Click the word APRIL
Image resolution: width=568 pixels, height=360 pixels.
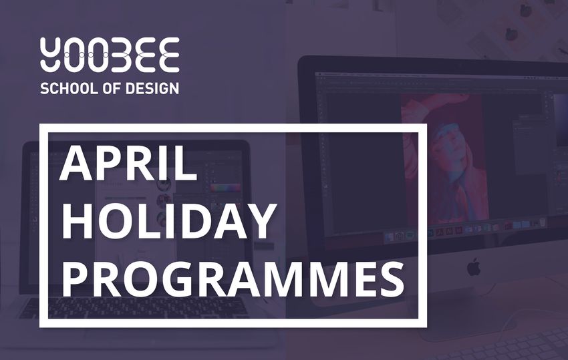[x=128, y=164]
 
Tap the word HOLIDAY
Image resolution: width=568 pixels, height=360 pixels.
[x=167, y=221]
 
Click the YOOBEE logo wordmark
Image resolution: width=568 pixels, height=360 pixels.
[x=110, y=54]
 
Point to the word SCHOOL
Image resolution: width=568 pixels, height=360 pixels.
[x=69, y=88]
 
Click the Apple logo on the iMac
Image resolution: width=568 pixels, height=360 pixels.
[x=474, y=267]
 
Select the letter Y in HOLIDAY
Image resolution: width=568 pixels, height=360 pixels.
[x=257, y=221]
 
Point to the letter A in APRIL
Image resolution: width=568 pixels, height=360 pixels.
[x=76, y=164]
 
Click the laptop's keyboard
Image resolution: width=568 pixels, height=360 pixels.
[x=134, y=308]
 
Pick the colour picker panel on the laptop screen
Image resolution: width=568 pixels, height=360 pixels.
[x=225, y=189]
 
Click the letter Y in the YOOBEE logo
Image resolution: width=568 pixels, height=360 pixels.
[x=53, y=54]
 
